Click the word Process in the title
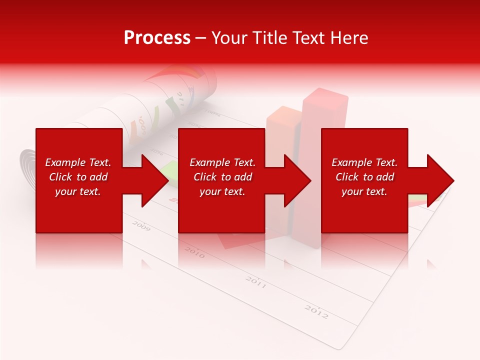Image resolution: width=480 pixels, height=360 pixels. (x=157, y=38)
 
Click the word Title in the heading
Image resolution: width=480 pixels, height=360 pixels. (x=269, y=38)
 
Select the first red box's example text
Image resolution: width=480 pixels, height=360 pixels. (x=78, y=177)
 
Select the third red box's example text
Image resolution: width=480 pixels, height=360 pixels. (x=364, y=177)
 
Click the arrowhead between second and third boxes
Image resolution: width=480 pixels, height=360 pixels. (x=297, y=180)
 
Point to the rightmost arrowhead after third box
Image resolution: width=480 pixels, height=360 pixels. (x=440, y=180)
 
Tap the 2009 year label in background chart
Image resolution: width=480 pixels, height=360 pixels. (x=141, y=226)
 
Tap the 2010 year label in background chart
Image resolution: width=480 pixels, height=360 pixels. (x=194, y=252)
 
